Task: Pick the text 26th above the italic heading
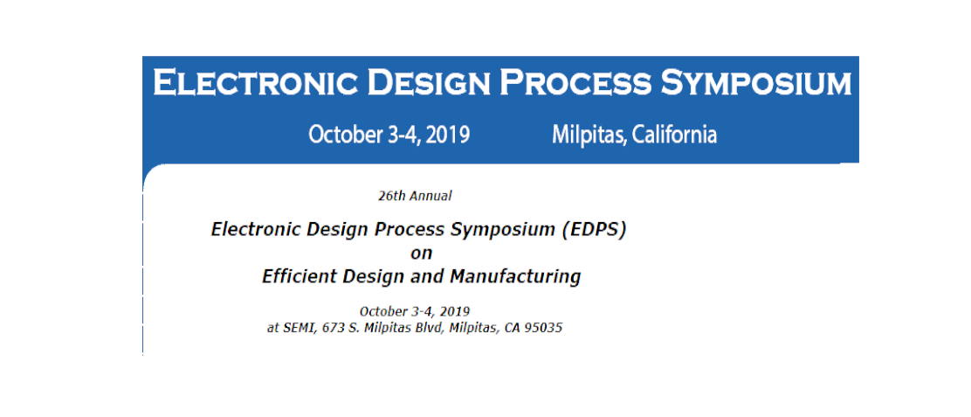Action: (x=390, y=197)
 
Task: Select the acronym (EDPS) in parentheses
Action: (x=595, y=230)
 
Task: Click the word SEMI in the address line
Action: (x=295, y=329)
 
